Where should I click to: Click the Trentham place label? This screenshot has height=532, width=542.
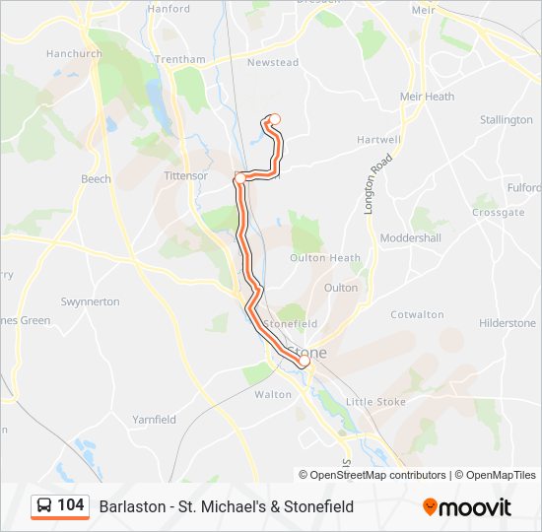click(180, 59)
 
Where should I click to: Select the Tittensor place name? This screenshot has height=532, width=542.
click(185, 176)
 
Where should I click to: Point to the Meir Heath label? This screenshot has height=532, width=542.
click(427, 97)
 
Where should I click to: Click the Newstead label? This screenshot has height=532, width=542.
click(272, 63)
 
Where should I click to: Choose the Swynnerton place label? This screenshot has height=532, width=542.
click(90, 301)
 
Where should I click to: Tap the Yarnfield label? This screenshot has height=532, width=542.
click(154, 420)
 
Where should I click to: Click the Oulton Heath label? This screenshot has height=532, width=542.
click(324, 258)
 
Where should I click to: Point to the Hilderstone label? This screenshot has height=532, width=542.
click(507, 323)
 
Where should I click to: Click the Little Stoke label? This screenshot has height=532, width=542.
click(375, 402)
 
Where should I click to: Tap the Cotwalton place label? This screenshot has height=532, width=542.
click(417, 315)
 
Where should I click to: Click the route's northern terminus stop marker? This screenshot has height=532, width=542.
click(274, 120)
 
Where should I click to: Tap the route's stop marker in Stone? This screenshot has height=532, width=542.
click(304, 363)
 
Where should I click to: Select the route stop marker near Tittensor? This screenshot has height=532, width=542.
click(239, 177)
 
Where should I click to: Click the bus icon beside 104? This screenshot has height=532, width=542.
click(44, 506)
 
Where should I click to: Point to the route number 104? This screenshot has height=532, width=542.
click(71, 505)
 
